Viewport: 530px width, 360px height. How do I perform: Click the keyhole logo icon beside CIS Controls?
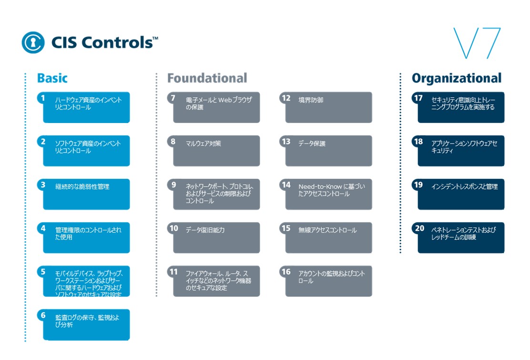pos(33,42)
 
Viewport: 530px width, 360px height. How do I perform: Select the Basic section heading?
pos(52,78)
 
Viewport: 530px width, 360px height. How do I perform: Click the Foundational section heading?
pos(207,78)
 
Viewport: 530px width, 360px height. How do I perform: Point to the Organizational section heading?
pos(457,78)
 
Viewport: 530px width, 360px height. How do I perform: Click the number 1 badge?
pos(43,98)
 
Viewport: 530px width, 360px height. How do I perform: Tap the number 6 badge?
pos(43,315)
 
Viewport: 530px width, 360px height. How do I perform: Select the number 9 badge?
pos(173,185)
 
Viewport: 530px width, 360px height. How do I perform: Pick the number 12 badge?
pos(286,98)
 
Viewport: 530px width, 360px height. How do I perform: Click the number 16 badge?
pos(286,272)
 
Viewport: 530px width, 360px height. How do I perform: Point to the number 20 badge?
pos(419,228)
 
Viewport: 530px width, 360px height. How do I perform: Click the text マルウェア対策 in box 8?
pos(204,144)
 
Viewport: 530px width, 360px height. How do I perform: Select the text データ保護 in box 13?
pos(312,144)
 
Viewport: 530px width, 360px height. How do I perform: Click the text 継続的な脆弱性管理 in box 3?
pos(82,187)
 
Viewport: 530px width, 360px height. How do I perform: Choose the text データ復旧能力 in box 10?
pos(205,230)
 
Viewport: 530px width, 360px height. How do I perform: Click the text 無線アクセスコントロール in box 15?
pos(327,230)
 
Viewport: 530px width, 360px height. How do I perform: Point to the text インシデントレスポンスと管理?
pos(464,187)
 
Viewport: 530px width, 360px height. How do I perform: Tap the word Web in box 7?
pos(224,100)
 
